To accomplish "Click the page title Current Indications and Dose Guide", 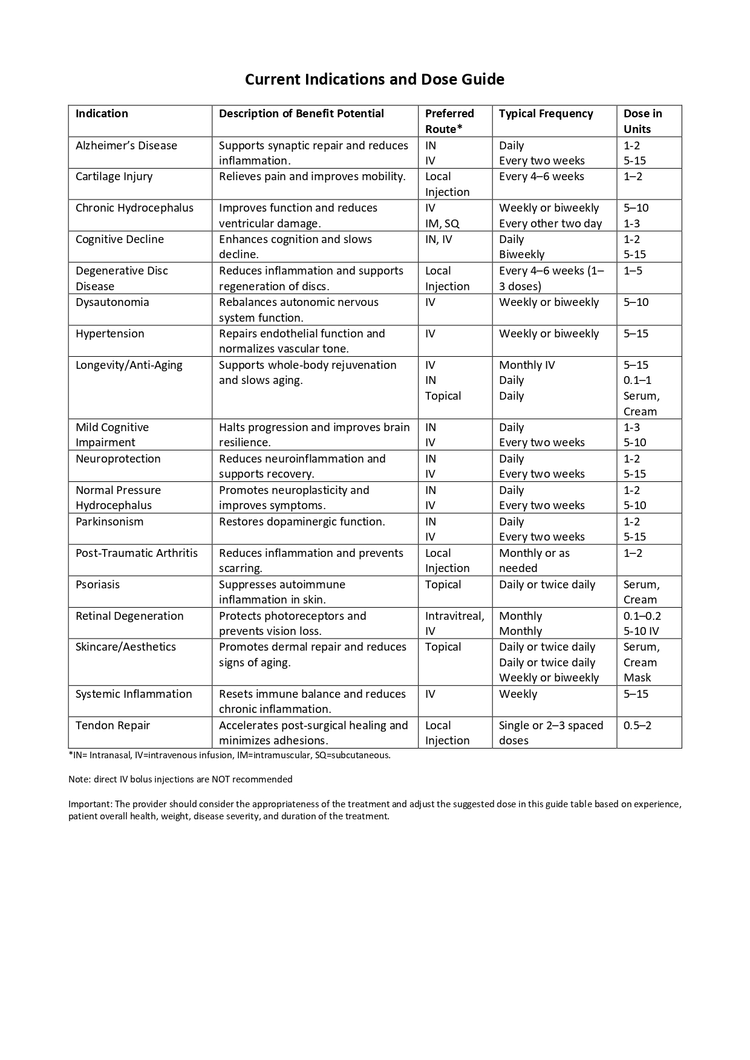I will (374, 79).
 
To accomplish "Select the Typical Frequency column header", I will (546, 114).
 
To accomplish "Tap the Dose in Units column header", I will (642, 121).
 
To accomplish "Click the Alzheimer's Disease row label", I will (126, 146).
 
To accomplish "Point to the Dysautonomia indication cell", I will (112, 302).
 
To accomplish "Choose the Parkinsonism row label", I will (109, 522).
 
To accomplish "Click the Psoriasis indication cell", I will (97, 585).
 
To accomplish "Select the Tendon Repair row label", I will (112, 726).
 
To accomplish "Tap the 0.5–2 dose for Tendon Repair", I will (637, 726).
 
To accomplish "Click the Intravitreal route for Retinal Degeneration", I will (454, 616).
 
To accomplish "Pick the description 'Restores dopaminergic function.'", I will (302, 522).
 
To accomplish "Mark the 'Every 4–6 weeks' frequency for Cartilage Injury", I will (541, 177).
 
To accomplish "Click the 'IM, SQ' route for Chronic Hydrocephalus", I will (442, 224).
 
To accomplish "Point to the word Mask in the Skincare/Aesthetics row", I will (637, 678).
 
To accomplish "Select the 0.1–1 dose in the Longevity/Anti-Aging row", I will (637, 380).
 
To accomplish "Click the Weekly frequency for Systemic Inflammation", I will (518, 694).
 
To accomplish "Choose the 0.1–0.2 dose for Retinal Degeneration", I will (642, 616).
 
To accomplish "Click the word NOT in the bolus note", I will (221, 779).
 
